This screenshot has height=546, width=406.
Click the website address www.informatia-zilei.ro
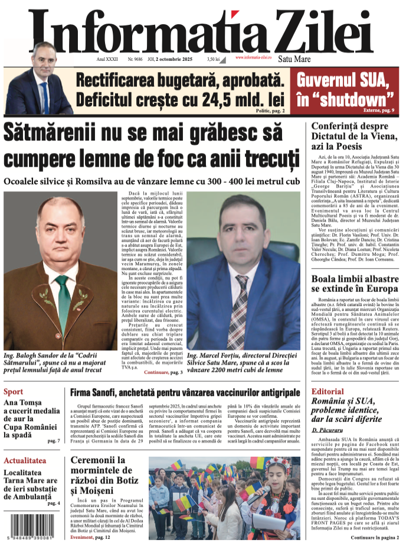tap(261, 57)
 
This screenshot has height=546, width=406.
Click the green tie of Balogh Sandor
tap(63, 304)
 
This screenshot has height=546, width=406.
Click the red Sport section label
tap(14, 392)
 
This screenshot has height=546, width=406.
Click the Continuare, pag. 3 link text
tap(163, 372)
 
